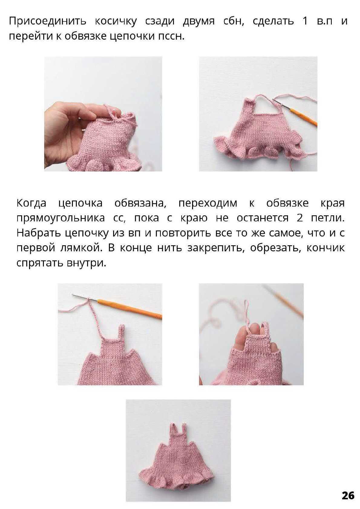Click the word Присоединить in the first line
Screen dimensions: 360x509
point(48,21)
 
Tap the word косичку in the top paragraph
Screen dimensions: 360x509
point(116,21)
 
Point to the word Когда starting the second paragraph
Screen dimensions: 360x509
point(31,203)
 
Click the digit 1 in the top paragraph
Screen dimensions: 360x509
point(305,21)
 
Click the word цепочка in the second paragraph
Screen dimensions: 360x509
point(80,203)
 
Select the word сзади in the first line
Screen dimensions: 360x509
point(160,21)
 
